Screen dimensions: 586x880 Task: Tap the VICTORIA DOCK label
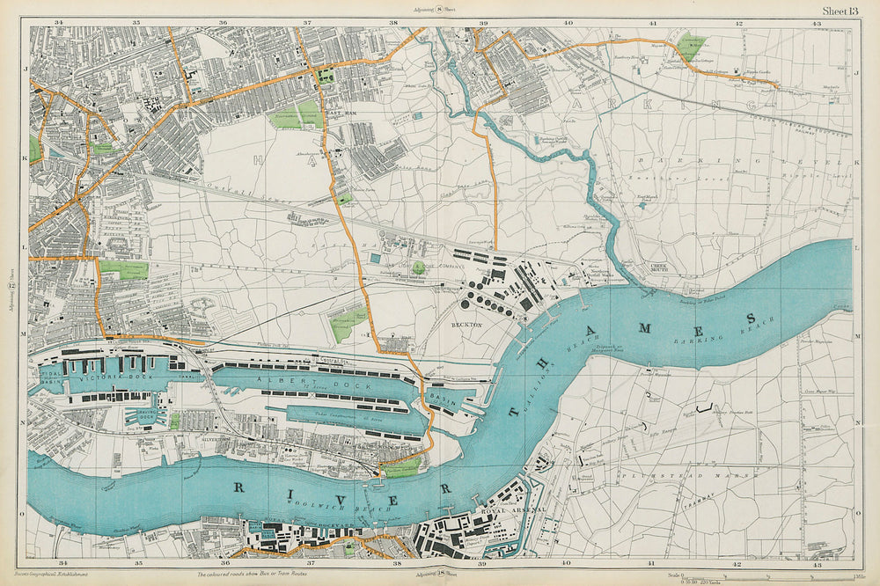click(x=105, y=383)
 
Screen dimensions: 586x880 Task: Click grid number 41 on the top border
click(x=653, y=22)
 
